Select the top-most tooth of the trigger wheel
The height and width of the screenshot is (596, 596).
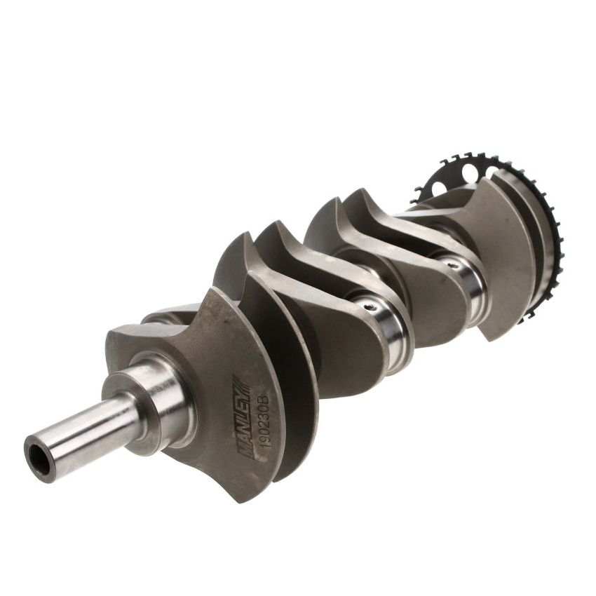pos(463,156)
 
